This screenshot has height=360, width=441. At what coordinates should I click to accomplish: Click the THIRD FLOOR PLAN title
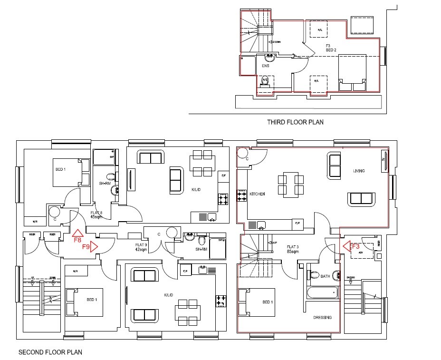(295, 122)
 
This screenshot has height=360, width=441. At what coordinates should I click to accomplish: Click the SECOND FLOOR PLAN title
(50, 352)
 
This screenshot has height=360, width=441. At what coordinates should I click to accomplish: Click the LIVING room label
(358, 171)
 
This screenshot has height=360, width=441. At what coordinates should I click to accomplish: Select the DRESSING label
(322, 317)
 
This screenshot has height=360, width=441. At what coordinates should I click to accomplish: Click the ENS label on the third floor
(266, 66)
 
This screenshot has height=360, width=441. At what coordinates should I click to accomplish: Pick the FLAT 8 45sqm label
(97, 214)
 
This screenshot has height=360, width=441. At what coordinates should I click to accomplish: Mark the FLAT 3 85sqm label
(292, 249)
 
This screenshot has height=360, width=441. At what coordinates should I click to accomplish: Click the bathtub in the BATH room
(322, 292)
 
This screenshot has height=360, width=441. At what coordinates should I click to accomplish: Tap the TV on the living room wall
(384, 163)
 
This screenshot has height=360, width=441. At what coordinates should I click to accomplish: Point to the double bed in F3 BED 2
(352, 73)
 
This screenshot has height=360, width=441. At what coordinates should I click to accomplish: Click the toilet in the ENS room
(265, 82)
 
